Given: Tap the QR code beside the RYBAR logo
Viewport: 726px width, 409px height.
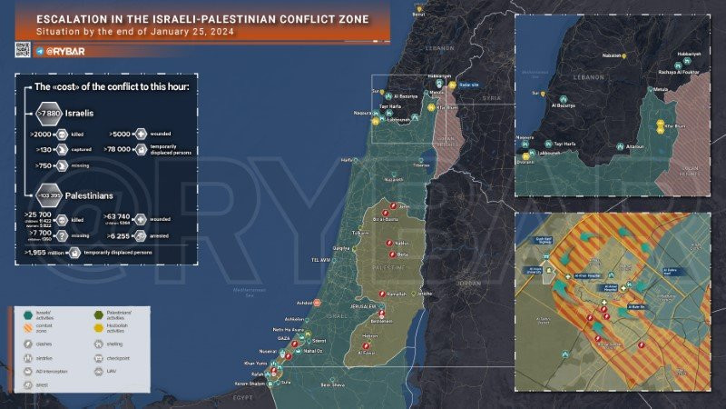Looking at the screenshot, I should (23, 51).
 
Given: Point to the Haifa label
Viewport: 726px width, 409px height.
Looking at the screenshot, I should (346, 160).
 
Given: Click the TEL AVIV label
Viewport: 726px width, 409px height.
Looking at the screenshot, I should (323, 259).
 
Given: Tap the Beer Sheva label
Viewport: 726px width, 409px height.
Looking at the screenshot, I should (333, 385).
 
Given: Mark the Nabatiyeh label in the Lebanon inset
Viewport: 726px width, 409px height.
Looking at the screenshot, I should (616, 55).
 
